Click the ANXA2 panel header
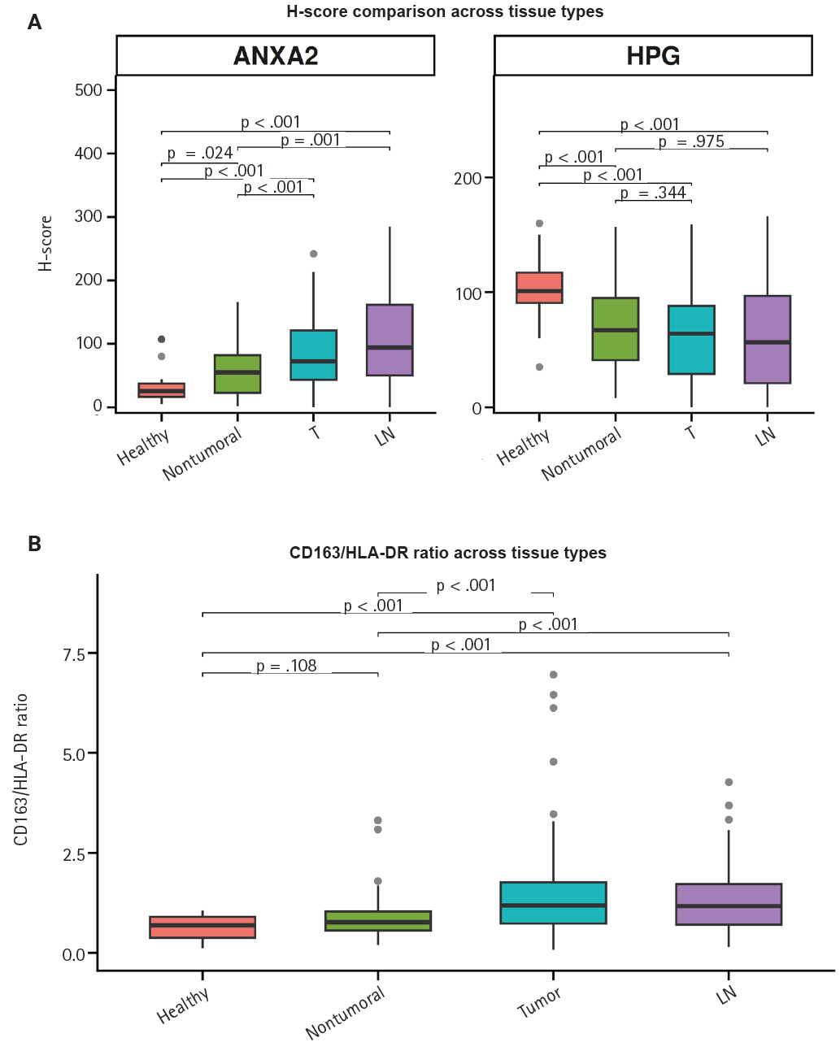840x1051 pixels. (276, 56)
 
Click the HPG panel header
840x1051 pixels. (653, 56)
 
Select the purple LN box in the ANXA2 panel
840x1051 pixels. (390, 340)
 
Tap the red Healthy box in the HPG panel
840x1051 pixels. (539, 288)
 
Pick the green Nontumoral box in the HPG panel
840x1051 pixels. (616, 329)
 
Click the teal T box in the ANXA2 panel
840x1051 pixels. (313, 355)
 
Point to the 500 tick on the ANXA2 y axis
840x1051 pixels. (89, 90)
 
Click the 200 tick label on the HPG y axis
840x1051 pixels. (468, 179)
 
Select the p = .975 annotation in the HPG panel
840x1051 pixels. (691, 141)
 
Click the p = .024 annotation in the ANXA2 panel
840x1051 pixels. (200, 153)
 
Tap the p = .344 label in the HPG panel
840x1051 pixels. (653, 193)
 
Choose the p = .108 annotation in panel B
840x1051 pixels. (286, 666)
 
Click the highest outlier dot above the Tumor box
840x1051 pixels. (554, 675)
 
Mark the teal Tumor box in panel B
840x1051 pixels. (554, 903)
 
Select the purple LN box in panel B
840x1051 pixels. (729, 905)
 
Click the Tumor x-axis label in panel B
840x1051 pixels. (539, 1002)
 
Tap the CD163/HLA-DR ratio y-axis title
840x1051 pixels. (21, 769)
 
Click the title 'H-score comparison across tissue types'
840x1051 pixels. (445, 12)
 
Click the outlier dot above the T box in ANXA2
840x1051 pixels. (314, 254)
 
